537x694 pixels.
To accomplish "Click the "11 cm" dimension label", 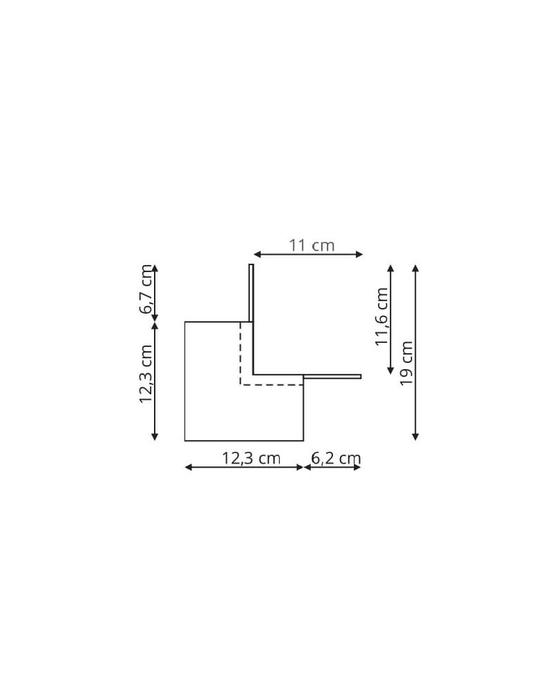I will click(x=312, y=245).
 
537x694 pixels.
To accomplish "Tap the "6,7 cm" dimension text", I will click(x=146, y=289).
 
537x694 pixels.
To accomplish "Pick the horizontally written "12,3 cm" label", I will click(x=250, y=458).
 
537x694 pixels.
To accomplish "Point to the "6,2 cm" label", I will click(x=336, y=458).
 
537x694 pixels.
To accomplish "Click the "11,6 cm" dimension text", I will click(x=382, y=317).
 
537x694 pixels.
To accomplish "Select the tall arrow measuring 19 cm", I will click(x=415, y=352).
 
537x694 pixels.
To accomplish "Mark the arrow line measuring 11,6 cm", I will click(x=391, y=319).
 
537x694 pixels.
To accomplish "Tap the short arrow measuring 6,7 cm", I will click(x=155, y=294).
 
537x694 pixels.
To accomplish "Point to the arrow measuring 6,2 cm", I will click(x=332, y=467).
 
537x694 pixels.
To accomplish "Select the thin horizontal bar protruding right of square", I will click(x=332, y=377).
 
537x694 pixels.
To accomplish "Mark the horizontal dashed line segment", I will click(x=271, y=384).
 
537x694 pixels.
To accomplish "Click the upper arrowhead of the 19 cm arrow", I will click(x=415, y=267).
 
